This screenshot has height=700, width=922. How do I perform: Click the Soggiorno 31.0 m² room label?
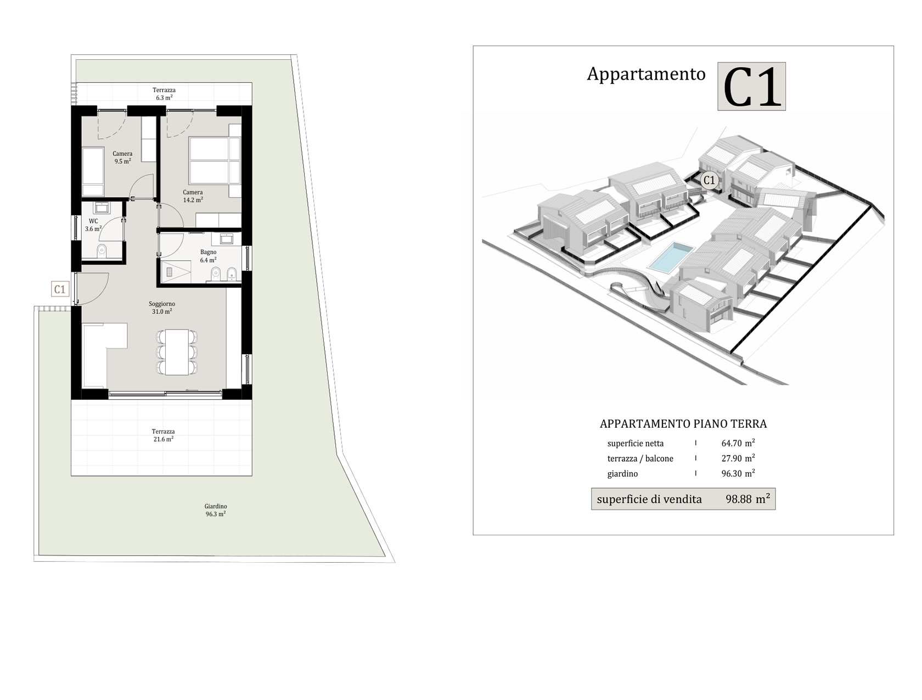click(162, 307)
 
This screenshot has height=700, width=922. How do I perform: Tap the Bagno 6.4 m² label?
click(208, 256)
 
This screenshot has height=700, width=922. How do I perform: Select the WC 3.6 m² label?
click(93, 225)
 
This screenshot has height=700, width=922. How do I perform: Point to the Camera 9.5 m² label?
click(122, 158)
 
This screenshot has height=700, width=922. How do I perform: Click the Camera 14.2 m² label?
click(193, 196)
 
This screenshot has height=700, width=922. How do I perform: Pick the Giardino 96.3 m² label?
click(216, 510)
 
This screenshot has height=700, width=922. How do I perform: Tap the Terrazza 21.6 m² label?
click(163, 435)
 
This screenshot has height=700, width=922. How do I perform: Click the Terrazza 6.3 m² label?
click(164, 94)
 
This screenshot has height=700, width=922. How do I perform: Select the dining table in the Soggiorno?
click(177, 352)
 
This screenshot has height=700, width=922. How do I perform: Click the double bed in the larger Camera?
click(214, 160)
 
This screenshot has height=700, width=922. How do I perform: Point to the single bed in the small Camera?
click(93, 171)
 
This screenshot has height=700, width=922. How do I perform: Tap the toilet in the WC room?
click(102, 251)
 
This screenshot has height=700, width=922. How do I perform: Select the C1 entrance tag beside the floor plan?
click(60, 289)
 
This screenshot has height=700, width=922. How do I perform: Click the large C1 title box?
click(751, 86)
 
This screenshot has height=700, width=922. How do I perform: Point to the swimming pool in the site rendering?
click(670, 256)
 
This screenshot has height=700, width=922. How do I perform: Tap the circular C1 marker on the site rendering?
click(709, 180)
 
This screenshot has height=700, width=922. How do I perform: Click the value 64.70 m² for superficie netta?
click(738, 443)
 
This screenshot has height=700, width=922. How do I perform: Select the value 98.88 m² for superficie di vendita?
click(747, 499)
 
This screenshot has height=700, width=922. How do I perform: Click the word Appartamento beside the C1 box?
click(646, 74)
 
